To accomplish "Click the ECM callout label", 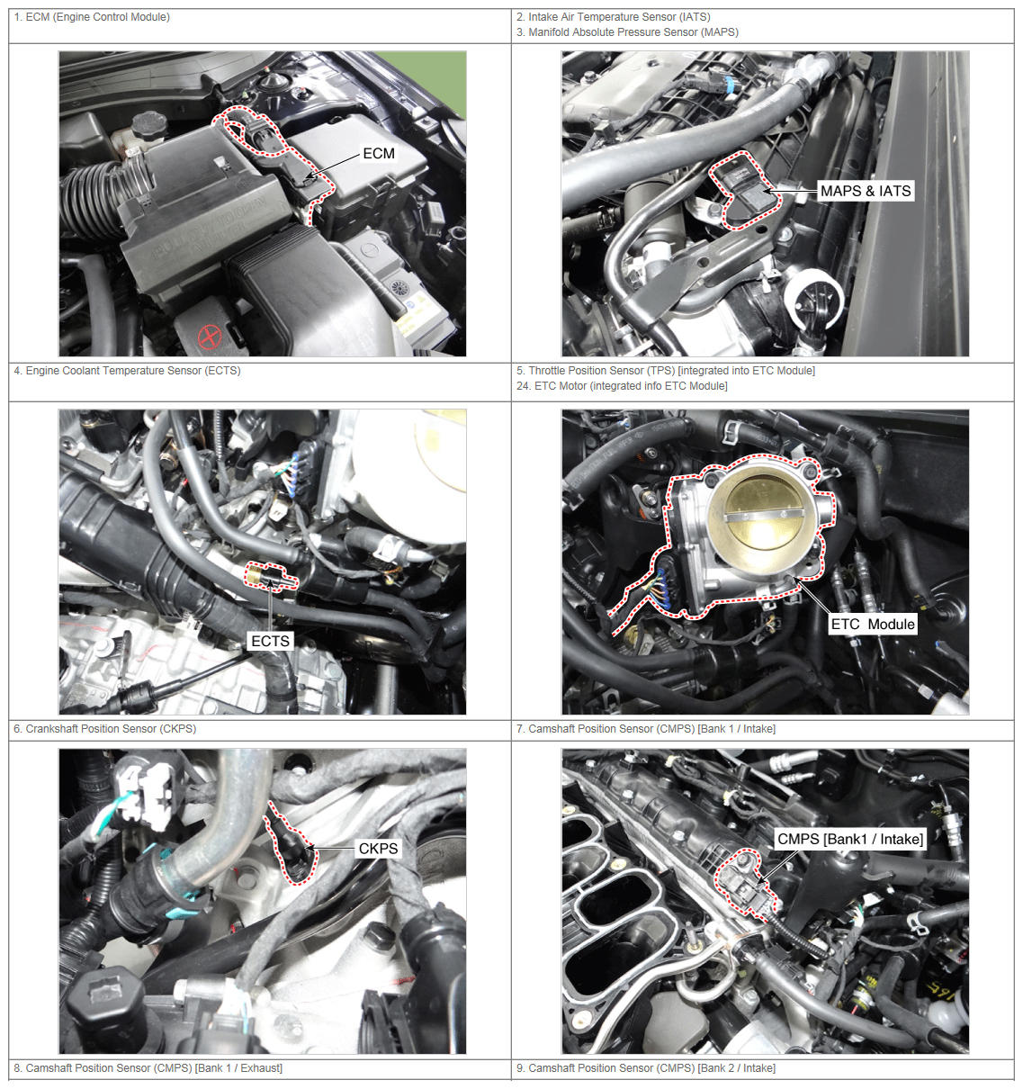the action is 378,154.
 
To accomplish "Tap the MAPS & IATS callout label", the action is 866,191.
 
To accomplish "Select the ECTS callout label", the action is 270,641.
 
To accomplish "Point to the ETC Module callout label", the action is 872,624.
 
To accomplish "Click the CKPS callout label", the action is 378,849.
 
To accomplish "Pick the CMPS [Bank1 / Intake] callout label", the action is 850,839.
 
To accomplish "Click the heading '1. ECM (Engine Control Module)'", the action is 92,17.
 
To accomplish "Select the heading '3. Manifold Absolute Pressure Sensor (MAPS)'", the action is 627,32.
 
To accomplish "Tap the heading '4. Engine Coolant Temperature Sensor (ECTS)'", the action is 127,371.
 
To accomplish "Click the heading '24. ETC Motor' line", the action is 622,386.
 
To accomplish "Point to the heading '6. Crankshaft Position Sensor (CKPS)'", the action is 104,729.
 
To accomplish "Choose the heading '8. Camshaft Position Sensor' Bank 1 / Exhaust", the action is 148,1068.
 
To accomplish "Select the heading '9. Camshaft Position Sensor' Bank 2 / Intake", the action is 646,1068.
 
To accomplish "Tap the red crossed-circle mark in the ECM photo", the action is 210,336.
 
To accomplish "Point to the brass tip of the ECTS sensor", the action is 254,575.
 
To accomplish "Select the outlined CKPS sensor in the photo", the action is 292,845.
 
